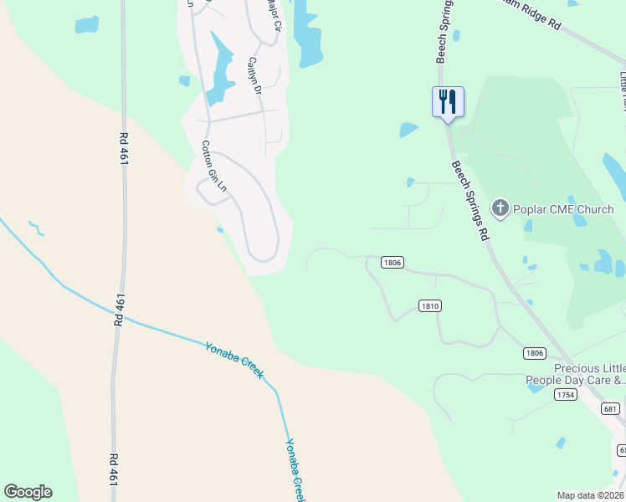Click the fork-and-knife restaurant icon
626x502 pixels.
click(447, 102)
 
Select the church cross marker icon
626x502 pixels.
click(500, 208)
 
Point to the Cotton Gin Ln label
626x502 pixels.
click(213, 166)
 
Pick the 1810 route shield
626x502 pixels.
click(428, 306)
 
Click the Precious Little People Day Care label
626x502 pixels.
click(576, 374)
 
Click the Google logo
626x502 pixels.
click(28, 492)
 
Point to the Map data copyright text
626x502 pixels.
click(590, 495)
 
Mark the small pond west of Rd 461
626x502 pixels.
click(86, 25)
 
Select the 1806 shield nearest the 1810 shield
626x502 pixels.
click(393, 262)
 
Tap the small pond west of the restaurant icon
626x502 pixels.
click(408, 130)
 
